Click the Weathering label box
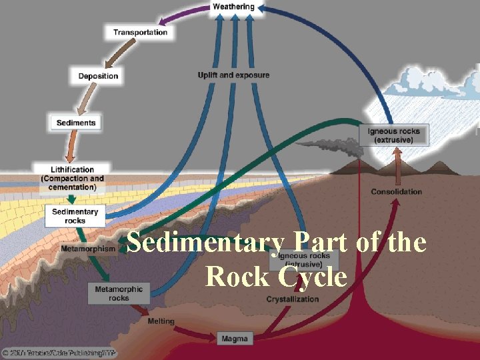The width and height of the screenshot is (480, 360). pos(233,7)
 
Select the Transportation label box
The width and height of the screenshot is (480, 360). pos(140,32)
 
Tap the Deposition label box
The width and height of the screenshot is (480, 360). pos(98,76)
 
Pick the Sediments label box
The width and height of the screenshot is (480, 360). pos(76,123)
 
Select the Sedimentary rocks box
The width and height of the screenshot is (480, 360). pos(75,216)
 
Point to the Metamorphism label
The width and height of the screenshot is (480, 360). pos(87,249)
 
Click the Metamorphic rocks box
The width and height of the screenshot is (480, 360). pos(119,294)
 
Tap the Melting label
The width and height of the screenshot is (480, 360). pos(161,321)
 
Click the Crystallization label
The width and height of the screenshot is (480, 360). pos(293,299)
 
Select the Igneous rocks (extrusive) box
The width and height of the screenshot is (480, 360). pos(394,135)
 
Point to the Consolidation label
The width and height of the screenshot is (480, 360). pos(397,192)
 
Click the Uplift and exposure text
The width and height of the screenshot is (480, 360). pos(233,75)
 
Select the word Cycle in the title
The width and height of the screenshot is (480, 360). pos(313,276)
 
